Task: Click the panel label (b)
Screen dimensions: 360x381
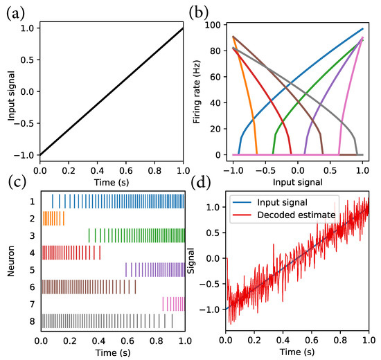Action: coord(200,12)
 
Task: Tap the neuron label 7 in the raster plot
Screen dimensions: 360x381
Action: coord(31,304)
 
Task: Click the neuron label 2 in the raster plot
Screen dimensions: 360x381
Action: coord(31,217)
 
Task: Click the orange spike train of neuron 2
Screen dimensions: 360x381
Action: coord(53,217)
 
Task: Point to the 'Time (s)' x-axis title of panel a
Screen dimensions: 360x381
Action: coord(113,181)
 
